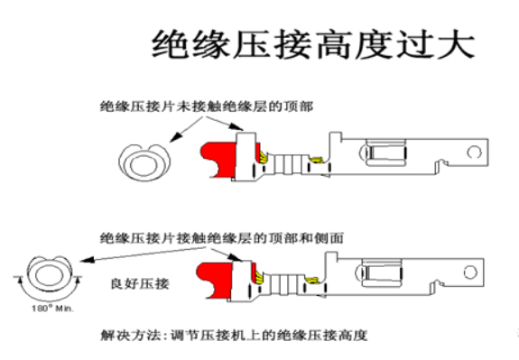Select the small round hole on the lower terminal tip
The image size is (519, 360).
(x=468, y=271)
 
